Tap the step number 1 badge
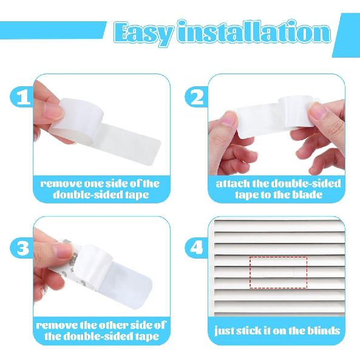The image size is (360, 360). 22,97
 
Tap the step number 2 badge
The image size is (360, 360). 196,97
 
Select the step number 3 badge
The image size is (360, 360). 22,248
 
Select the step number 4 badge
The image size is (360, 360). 196,248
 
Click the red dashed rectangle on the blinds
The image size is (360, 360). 279,271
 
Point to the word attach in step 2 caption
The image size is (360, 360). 233,183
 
